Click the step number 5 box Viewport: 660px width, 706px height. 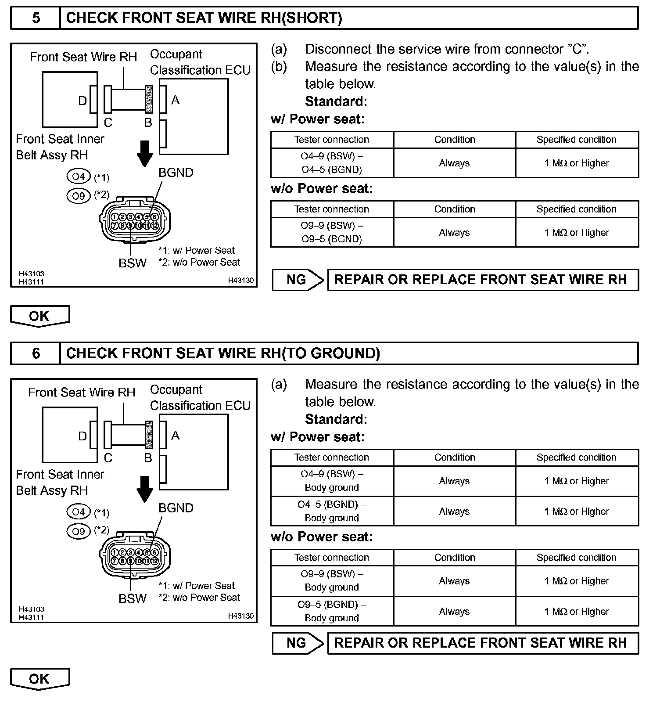click(36, 18)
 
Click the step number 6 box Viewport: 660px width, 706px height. click(36, 353)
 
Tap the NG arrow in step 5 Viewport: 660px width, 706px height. click(298, 280)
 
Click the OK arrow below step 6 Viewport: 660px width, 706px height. click(39, 679)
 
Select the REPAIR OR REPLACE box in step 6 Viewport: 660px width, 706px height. click(483, 643)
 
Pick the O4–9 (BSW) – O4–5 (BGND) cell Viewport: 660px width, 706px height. click(332, 163)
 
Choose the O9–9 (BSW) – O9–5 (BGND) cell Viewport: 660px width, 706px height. click(332, 232)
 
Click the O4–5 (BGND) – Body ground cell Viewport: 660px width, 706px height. click(332, 511)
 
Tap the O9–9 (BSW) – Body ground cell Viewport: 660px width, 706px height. click(332, 580)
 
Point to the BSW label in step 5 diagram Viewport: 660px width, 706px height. click(132, 263)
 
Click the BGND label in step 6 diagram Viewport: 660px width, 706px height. click(176, 508)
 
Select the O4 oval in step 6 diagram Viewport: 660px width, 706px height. click(79, 512)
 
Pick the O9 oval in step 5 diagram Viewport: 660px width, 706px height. click(79, 195)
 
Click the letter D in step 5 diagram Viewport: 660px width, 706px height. click(82, 101)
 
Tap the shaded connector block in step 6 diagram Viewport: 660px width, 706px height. click(149, 435)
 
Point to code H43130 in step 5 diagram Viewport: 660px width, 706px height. click(240, 281)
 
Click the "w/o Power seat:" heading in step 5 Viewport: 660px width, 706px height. click(322, 189)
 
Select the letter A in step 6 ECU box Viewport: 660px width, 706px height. click(175, 436)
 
